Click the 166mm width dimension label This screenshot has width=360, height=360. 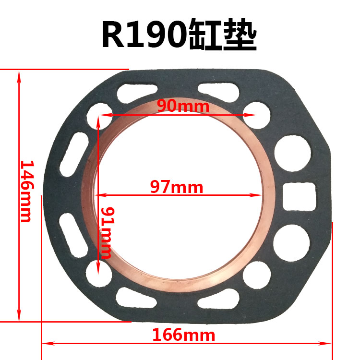[x=184, y=335]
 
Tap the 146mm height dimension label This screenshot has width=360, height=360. [x=27, y=191]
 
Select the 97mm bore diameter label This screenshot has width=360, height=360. [x=177, y=187]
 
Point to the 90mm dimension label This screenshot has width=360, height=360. [x=183, y=106]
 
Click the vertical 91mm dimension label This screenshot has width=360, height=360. [x=108, y=233]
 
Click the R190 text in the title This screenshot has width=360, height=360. [x=144, y=34]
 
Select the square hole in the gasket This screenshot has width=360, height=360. [x=299, y=196]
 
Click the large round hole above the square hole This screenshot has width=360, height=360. [x=293, y=153]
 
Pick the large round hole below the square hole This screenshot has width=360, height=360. [x=291, y=243]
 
